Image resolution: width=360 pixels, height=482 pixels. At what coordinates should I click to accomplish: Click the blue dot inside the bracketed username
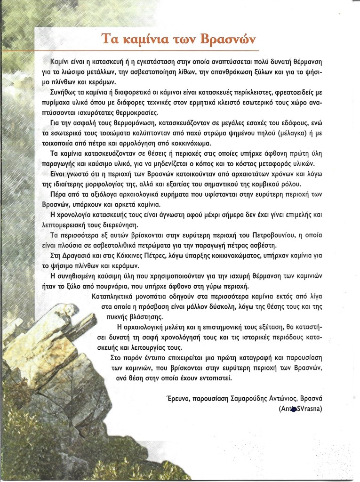pyautogui.click(x=294, y=410)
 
